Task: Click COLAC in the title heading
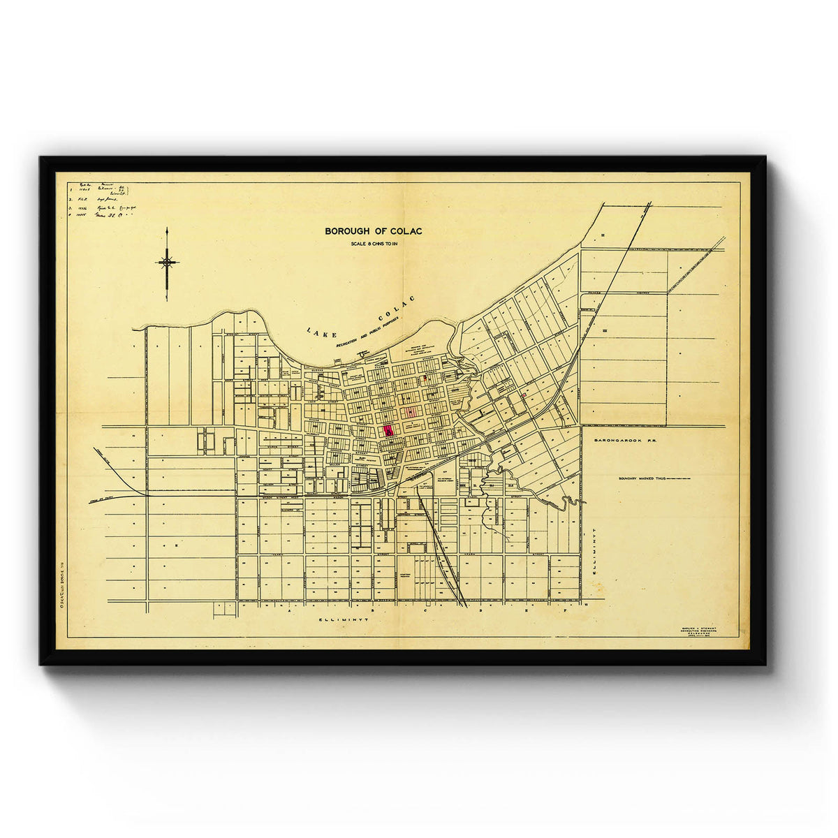[406, 231]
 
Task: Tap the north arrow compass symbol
[167, 263]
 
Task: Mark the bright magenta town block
[388, 430]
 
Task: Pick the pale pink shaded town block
[411, 412]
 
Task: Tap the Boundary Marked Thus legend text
[642, 479]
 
